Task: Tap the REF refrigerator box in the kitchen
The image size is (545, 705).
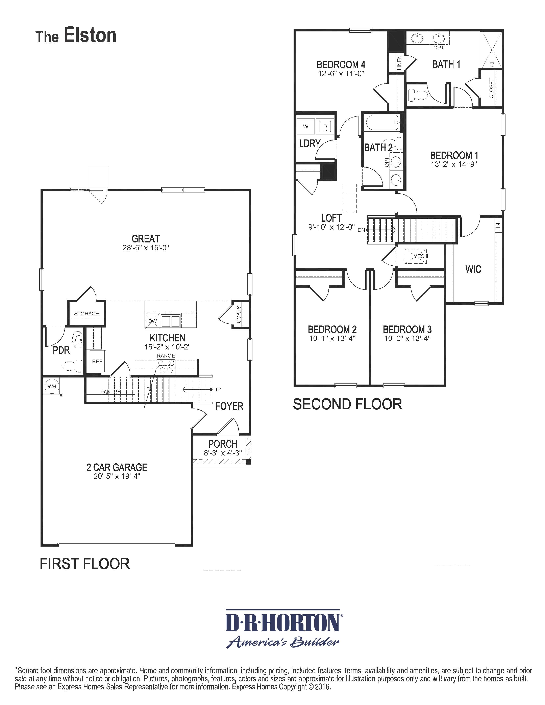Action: (x=97, y=361)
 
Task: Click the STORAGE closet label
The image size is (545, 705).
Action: (x=86, y=313)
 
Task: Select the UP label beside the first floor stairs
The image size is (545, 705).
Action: (x=217, y=390)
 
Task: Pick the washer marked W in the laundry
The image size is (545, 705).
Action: (x=305, y=127)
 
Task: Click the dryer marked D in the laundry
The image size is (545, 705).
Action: (x=325, y=127)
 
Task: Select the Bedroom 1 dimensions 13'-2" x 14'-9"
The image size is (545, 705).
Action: (x=454, y=164)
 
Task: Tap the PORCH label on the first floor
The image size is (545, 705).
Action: (x=223, y=444)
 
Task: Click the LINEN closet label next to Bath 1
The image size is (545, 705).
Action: (x=399, y=63)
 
